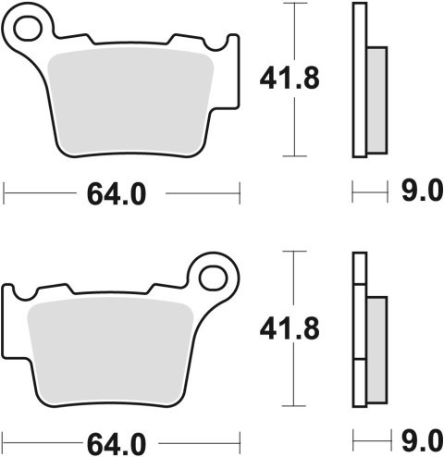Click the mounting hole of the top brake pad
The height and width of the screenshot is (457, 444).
30,28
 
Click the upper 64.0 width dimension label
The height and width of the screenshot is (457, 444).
121,194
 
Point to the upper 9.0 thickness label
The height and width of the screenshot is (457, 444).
420,193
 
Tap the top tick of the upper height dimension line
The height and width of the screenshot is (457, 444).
294,4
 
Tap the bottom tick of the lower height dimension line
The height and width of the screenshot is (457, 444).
294,405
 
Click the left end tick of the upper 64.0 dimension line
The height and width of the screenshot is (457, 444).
6,193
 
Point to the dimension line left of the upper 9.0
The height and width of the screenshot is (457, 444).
368,193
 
